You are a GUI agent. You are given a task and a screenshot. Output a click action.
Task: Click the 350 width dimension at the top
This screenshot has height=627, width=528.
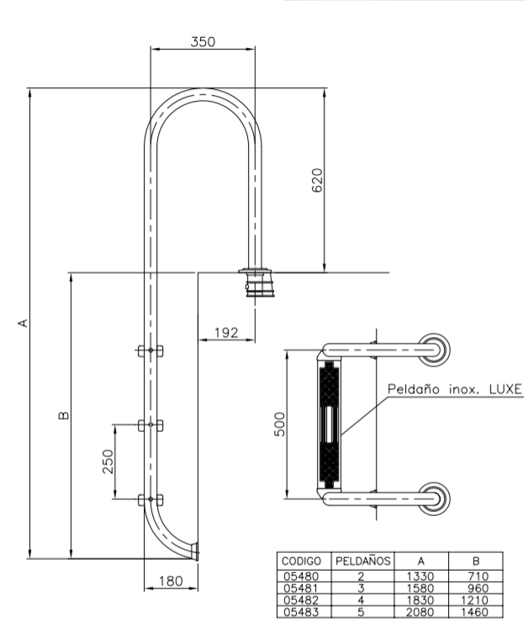203,41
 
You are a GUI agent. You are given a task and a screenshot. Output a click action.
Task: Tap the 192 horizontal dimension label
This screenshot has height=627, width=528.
225,333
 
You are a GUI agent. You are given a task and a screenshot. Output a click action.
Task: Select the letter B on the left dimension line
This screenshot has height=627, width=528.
65,415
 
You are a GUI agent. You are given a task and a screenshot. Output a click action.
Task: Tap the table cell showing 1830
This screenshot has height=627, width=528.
424,600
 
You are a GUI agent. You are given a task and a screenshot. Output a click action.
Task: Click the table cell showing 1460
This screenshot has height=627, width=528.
476,613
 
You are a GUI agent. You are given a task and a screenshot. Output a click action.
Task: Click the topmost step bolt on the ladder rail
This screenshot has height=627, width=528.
151,350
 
